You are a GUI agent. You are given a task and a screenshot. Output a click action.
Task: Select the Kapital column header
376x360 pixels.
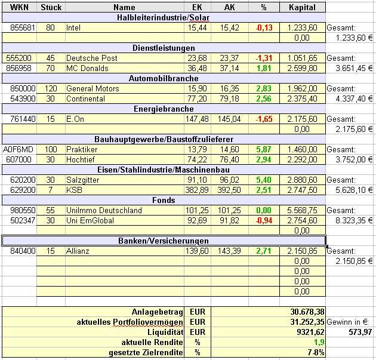[302, 8]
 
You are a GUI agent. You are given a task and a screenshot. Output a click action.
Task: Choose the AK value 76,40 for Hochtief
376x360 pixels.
[229, 160]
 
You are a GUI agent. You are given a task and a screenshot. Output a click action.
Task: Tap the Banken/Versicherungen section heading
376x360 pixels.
[165, 241]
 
